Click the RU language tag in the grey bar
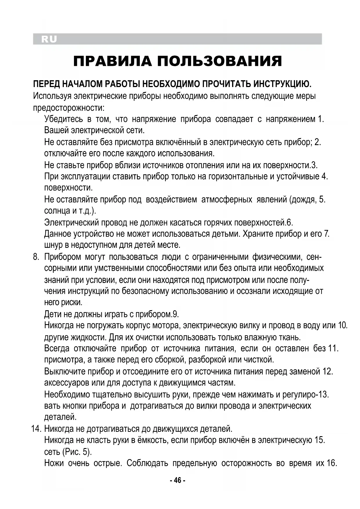point(49,39)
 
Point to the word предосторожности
point(68,108)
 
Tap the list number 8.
point(36,257)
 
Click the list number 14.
point(37,429)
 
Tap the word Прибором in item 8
point(63,257)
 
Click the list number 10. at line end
point(343,325)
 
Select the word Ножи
point(54,463)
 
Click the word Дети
point(53,314)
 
